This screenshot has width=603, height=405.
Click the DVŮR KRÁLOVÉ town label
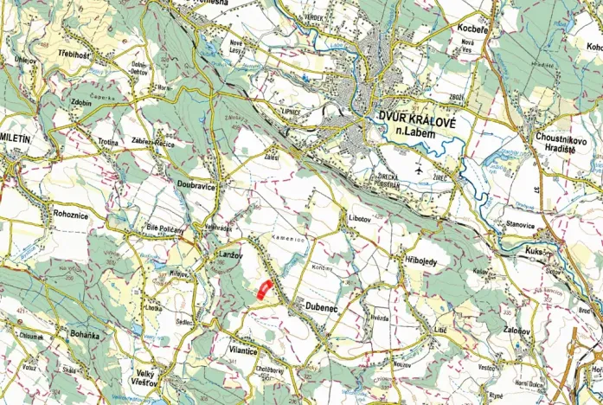click(423, 120)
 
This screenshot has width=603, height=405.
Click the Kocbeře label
click(473, 29)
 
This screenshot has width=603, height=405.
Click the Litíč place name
click(439, 331)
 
